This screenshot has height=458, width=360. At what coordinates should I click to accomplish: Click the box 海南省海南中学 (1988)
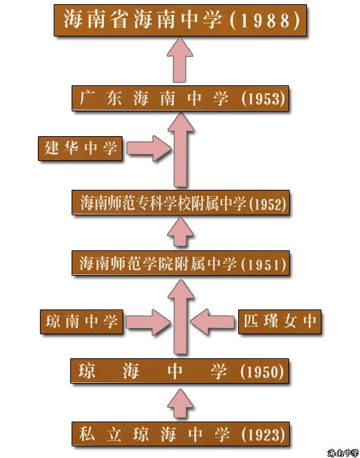coord(180,20)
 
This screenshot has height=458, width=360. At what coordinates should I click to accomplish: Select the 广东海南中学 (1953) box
coord(180,98)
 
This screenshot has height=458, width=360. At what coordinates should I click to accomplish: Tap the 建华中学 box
coord(80,149)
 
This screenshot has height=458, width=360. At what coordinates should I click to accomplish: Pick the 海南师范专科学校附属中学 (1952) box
coord(180,203)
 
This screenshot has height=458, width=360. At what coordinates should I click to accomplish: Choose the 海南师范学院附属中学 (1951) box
coord(180,263)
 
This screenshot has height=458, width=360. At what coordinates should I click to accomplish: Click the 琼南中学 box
coord(82,322)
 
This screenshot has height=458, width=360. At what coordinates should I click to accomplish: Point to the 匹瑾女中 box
coord(279,322)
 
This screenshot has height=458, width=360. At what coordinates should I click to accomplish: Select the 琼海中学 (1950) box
coord(180,371)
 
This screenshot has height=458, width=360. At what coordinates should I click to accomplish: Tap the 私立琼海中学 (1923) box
coord(180,434)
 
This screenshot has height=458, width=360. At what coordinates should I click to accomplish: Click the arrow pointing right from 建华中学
coord(149,149)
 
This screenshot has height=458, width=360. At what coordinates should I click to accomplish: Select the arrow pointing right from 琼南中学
coord(148,322)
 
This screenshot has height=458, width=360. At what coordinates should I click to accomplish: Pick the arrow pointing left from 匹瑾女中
coord(212,322)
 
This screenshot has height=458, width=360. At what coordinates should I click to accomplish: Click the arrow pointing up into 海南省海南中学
coord(180,60)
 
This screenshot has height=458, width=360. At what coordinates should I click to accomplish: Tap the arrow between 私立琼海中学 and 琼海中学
coord(180,404)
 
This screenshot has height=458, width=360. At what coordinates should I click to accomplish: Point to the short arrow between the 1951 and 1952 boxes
coord(180,232)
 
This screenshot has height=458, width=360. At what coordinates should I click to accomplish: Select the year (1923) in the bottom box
coord(263,435)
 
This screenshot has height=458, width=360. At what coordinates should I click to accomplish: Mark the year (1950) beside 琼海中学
coord(262,371)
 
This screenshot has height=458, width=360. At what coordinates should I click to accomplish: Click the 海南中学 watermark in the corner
coord(343,453)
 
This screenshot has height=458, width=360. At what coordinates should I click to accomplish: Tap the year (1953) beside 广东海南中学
coord(263,98)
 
